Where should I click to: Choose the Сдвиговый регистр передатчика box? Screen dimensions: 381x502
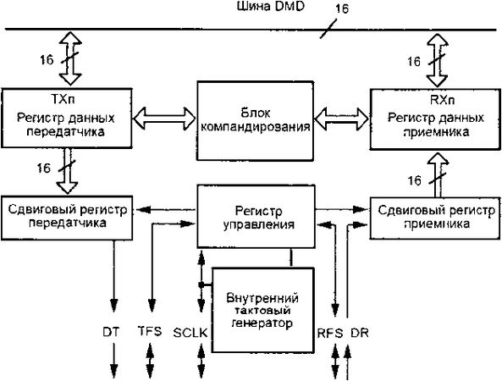tap(56, 216)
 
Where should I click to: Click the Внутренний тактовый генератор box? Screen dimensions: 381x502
tap(262, 310)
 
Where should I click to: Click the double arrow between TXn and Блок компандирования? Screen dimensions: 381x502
tap(167, 118)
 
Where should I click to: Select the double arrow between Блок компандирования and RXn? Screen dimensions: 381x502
tap(339, 118)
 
